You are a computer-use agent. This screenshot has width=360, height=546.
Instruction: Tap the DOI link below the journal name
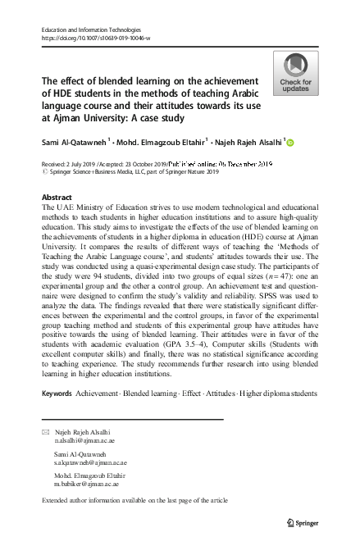tap(95, 39)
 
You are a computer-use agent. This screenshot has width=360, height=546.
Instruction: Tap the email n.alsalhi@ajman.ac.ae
tap(83, 439)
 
